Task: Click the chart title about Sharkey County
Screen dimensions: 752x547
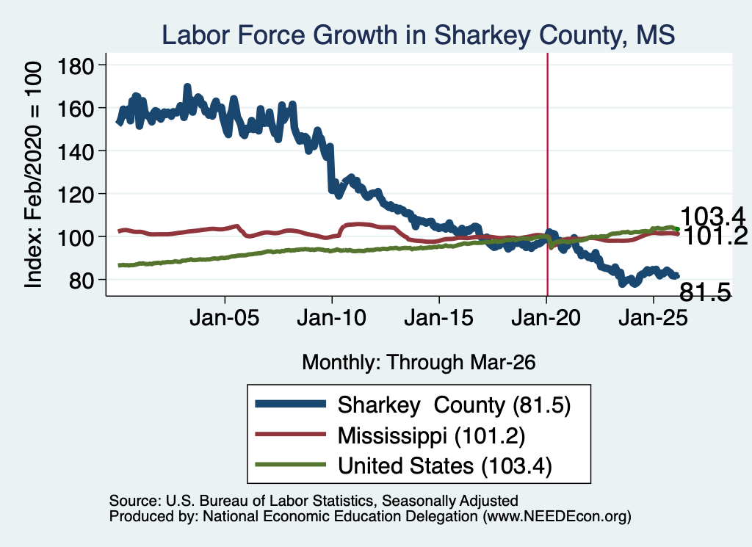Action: pos(418,35)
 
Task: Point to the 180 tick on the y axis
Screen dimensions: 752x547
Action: pos(76,65)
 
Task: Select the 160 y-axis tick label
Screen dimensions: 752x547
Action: pos(76,109)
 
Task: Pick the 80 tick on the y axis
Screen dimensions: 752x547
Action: pos(82,280)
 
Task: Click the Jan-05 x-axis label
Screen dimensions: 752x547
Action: pos(225,318)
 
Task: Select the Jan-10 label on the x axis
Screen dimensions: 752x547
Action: pos(331,318)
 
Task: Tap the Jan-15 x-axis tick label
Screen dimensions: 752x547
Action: pos(439,318)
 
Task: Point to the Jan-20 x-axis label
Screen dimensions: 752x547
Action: pos(546,318)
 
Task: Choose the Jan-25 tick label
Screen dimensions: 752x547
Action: pos(653,318)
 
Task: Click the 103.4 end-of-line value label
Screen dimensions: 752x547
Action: pos(712,216)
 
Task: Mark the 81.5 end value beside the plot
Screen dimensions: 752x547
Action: pos(705,292)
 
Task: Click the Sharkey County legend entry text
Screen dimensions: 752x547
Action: pos(454,405)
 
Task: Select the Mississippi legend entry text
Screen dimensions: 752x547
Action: pos(432,435)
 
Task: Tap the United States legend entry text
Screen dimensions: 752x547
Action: pos(445,466)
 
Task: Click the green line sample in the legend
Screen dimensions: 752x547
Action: pos(291,465)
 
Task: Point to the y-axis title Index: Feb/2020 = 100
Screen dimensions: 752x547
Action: pos(33,175)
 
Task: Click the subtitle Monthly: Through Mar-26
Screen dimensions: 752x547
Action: pos(419,363)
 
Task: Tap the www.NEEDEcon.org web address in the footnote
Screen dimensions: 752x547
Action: pos(557,516)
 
